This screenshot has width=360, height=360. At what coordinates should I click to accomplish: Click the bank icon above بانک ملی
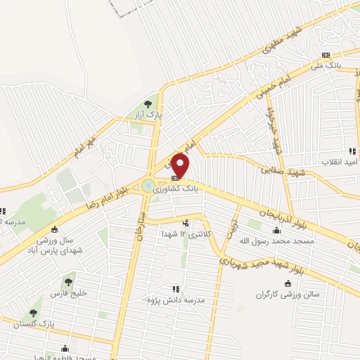pos(326,55)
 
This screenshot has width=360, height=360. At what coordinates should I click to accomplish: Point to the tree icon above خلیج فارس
pos(68,282)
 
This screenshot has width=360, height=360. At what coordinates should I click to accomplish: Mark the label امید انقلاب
pos(340,162)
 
